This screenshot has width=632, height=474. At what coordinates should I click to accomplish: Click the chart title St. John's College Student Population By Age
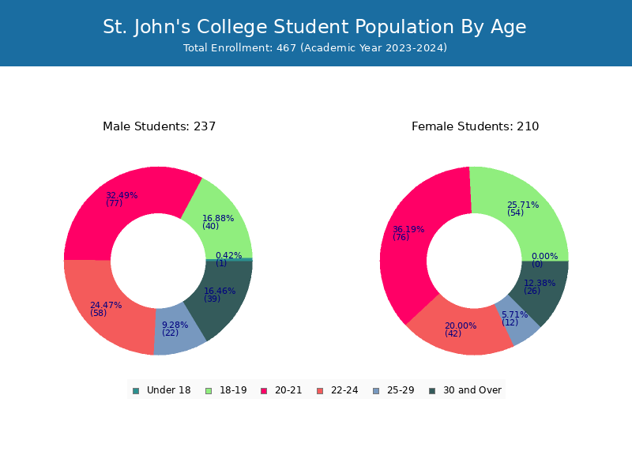[x=314, y=27]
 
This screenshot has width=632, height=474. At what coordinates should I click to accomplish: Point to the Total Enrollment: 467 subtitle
[x=315, y=48]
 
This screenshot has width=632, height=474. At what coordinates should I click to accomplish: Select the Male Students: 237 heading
[x=160, y=126]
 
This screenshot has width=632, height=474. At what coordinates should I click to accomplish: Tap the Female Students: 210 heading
[x=476, y=126]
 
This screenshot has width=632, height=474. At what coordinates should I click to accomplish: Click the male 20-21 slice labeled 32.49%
[x=121, y=201]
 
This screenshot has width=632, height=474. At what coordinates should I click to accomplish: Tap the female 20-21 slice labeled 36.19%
[x=407, y=242]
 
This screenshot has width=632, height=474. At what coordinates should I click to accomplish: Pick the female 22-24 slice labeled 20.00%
[x=460, y=333]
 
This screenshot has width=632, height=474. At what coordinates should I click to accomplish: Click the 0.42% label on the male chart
[x=228, y=255]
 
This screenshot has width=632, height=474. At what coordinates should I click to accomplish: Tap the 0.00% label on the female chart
[x=544, y=256]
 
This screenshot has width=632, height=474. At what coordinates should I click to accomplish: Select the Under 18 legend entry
[x=162, y=390]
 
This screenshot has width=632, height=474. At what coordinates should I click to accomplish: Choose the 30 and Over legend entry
[x=465, y=390]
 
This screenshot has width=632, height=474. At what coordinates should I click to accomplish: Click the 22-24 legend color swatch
[x=321, y=391]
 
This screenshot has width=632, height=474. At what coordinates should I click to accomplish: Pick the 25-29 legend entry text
[x=401, y=390]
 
